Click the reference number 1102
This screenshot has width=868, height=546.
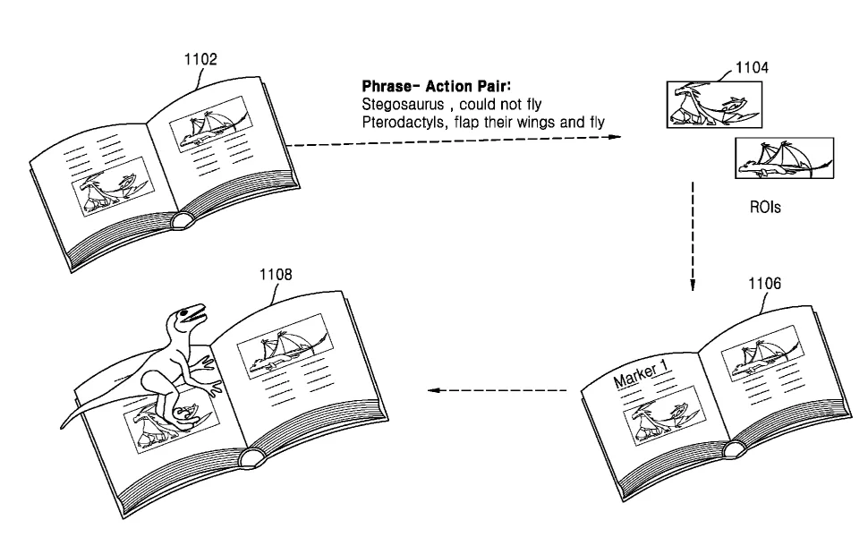pos(200,59)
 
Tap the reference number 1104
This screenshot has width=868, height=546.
pos(752,67)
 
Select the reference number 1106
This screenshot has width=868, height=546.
pos(764,284)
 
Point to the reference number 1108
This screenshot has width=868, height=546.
pos(276,275)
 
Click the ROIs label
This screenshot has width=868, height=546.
pos(765,207)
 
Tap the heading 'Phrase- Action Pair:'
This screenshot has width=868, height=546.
pos(436,87)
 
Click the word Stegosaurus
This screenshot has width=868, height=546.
pos(403,105)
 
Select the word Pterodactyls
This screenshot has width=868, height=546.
pos(404,123)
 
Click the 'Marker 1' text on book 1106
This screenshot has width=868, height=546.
pos(642,374)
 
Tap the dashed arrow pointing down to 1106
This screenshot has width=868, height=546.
pos(693,236)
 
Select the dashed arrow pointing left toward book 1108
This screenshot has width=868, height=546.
pos(498,390)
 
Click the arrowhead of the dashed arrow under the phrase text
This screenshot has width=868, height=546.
pos(616,137)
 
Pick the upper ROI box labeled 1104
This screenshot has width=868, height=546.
pos(714,105)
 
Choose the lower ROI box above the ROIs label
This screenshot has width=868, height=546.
pos(784,158)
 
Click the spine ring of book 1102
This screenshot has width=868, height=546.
pos(182,220)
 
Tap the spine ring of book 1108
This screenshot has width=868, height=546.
pos(251,457)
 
